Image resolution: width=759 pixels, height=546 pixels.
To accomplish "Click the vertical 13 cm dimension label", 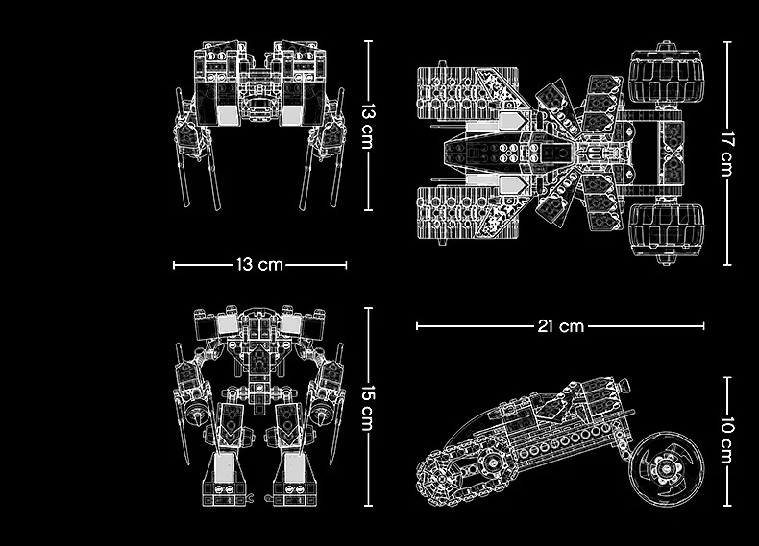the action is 368,127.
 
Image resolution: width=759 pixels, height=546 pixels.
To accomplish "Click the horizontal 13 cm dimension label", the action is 259,265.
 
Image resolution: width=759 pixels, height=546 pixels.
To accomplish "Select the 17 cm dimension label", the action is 727,154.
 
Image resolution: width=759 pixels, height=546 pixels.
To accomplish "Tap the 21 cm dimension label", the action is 560,326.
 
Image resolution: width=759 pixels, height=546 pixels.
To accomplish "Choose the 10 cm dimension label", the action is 727,440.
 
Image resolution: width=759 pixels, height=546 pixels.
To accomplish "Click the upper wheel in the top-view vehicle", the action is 667,76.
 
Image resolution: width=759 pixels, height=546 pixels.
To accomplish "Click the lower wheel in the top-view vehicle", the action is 667,230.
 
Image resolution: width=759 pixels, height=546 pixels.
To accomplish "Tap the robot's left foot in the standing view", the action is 223,479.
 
